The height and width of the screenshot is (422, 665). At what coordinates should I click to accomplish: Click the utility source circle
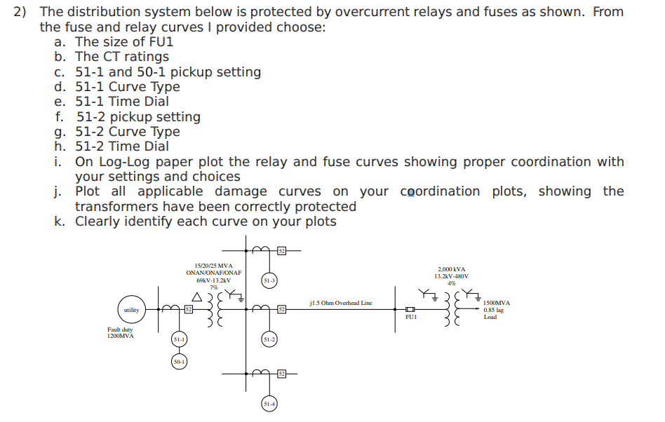tap(131, 309)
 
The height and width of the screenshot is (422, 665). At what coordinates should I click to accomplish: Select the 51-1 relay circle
tap(180, 339)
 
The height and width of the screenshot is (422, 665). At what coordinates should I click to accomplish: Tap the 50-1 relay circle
tap(180, 362)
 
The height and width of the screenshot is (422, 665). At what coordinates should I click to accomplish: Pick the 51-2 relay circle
tap(269, 339)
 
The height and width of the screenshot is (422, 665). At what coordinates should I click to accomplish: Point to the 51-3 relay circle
tap(269, 280)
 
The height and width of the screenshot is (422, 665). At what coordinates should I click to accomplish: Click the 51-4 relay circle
tap(269, 404)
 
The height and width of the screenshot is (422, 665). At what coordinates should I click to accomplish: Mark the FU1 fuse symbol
tap(410, 309)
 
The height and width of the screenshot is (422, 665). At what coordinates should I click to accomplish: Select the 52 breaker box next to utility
tap(188, 309)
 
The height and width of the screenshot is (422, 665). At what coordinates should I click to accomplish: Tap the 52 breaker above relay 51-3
tap(281, 250)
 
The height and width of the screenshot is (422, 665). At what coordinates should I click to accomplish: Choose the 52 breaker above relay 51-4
tap(281, 374)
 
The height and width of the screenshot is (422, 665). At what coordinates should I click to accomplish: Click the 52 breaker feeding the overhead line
tap(281, 309)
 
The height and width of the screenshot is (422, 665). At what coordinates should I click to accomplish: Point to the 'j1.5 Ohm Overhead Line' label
tap(341, 304)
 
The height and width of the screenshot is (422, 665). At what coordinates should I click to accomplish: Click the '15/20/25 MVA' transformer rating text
tap(214, 265)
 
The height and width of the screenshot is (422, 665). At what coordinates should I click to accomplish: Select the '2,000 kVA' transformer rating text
tap(451, 269)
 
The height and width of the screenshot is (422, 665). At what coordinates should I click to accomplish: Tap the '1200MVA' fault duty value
tap(121, 336)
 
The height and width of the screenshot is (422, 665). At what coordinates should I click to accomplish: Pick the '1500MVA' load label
tap(497, 303)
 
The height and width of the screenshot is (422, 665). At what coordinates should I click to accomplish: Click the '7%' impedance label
tap(214, 287)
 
